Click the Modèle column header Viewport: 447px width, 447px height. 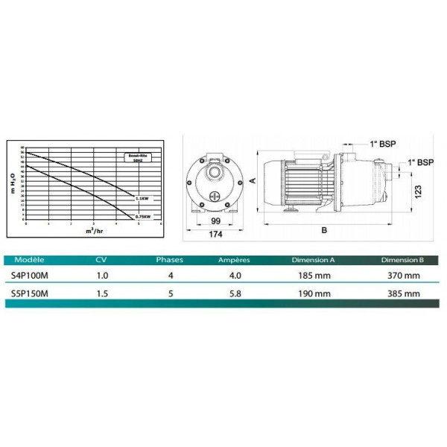[31, 261]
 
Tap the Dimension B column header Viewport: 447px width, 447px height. [402, 261]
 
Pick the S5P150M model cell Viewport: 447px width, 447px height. [34, 293]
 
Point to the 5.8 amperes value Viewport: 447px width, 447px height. [233, 293]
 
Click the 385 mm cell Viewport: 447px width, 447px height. [402, 293]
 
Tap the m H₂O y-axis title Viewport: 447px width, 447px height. [13, 183]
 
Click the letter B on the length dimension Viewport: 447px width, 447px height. [323, 230]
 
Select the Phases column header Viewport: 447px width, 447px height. [168, 261]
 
